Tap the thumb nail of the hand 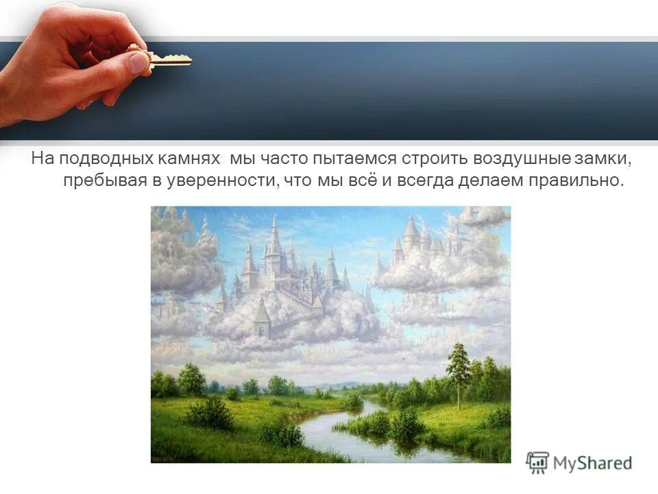[x=138, y=63]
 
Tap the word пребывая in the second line [x=97, y=181]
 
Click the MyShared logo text [x=593, y=463]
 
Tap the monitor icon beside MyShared [x=537, y=462]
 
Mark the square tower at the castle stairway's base [x=262, y=319]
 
